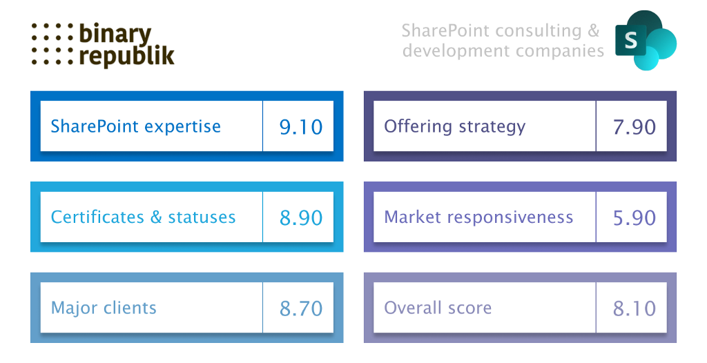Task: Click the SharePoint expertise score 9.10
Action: (x=301, y=127)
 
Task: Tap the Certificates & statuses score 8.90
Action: (x=301, y=218)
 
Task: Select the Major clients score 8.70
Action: (x=301, y=308)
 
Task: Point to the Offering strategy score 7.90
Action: (x=634, y=127)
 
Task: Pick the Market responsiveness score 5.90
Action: (x=634, y=218)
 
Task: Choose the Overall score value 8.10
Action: (x=634, y=308)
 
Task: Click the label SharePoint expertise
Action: (x=136, y=127)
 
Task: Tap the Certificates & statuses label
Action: (x=143, y=217)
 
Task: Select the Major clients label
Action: (x=104, y=308)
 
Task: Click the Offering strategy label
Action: (x=454, y=127)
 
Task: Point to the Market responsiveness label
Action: (x=478, y=217)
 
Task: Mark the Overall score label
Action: (x=438, y=308)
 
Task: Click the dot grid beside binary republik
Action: (x=52, y=43)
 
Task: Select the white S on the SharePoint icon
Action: (x=631, y=41)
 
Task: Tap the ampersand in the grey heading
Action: (x=594, y=30)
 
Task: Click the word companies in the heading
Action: (x=560, y=51)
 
